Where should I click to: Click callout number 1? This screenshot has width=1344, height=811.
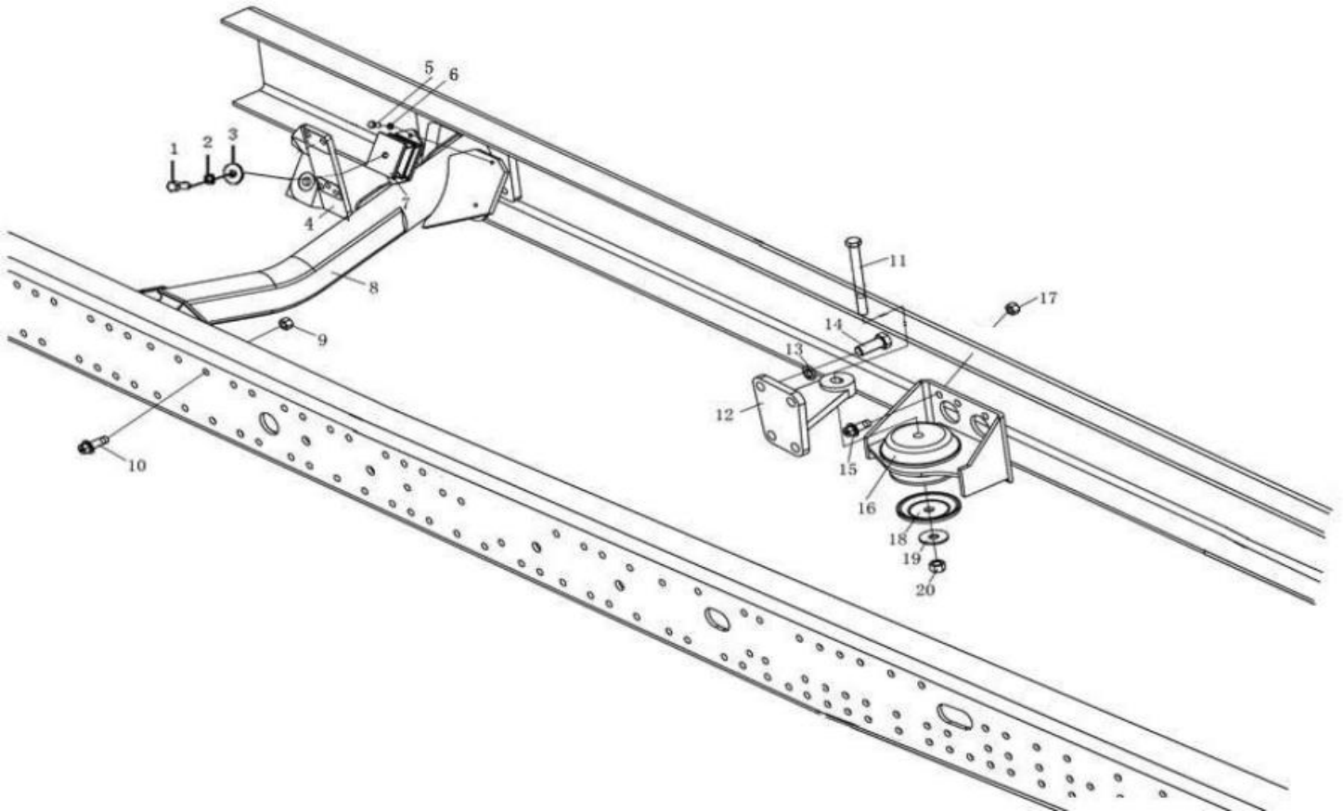click(x=173, y=148)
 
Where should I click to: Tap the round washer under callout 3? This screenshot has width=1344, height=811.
click(x=231, y=173)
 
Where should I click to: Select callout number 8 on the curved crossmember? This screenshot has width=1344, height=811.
click(x=372, y=288)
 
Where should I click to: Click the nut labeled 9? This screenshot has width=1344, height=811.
click(x=287, y=324)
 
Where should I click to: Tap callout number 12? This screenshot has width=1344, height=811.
click(x=724, y=415)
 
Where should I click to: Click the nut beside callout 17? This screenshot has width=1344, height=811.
click(x=1012, y=308)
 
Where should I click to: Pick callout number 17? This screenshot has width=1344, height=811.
click(x=1047, y=298)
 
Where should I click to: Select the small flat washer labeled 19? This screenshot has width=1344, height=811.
click(x=932, y=536)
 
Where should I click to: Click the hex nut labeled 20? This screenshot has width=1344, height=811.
click(x=937, y=564)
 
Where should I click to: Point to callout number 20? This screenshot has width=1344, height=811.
click(x=925, y=589)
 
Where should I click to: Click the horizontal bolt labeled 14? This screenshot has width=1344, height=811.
click(x=872, y=345)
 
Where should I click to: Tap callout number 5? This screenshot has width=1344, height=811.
click(x=428, y=68)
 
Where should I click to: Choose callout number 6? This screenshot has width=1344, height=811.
click(x=453, y=74)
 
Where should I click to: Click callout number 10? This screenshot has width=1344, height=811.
click(x=136, y=465)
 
